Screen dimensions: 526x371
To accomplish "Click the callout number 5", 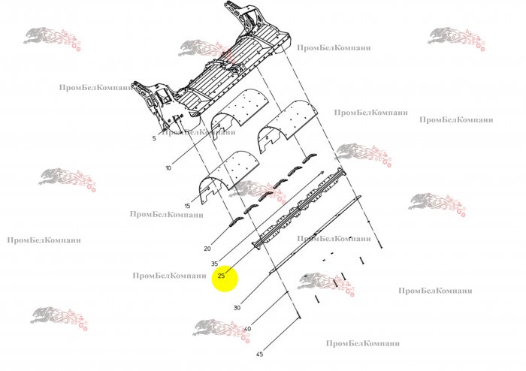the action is tap(154, 138).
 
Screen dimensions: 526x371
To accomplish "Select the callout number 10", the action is tap(168, 167).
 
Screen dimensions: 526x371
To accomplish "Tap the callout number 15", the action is tap(187, 206).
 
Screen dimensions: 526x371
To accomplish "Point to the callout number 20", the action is tap(207, 249).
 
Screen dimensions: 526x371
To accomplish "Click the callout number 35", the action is tap(215, 264).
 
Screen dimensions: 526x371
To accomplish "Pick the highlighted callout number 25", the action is tap(222, 276).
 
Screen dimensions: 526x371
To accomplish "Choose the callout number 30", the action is tap(237, 308).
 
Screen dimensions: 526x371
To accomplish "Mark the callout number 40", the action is tap(247, 329).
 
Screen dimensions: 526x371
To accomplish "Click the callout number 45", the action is tap(259, 354).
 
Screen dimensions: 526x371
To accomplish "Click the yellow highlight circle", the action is tap(225, 279).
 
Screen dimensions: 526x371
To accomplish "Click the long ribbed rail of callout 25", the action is tap(298, 209).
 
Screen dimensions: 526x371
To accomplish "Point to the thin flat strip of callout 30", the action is tap(316, 234).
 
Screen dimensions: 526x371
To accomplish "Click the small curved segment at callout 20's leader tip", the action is tap(236, 222).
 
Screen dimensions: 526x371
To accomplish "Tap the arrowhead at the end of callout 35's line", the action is tap(322, 173).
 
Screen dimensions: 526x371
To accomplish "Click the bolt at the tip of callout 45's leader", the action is tap(299, 315).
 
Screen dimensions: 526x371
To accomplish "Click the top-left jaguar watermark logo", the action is tap(53, 38).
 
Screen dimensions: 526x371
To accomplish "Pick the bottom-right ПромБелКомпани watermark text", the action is tap(435, 291).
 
